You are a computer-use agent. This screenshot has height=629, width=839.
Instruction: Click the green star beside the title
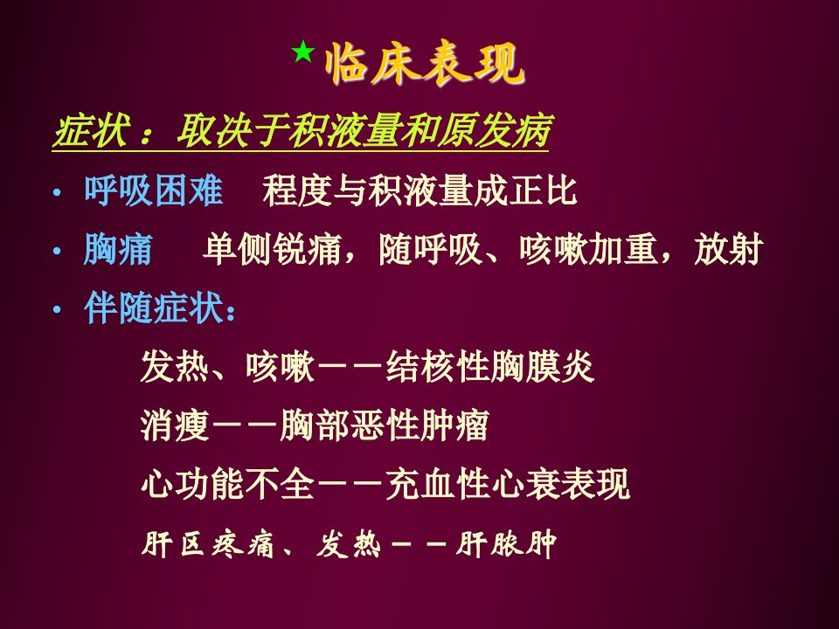303,52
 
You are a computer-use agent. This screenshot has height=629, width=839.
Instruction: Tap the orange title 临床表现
425,65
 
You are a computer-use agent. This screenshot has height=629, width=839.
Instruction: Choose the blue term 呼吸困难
153,190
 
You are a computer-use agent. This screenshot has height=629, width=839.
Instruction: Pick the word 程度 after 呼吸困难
297,190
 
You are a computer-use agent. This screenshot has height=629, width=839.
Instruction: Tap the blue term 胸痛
118,249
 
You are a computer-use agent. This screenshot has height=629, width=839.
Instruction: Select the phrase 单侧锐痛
272,249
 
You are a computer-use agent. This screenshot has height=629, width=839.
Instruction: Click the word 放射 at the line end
728,249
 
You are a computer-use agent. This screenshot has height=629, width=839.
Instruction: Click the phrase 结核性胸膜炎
490,367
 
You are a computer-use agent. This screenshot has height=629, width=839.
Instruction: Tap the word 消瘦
175,425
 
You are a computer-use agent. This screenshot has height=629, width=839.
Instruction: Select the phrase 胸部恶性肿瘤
385,425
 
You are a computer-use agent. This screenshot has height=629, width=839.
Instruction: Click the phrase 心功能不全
227,484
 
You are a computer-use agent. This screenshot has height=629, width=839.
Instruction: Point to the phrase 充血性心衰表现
507,484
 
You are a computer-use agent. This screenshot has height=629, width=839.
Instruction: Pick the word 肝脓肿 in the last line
506,544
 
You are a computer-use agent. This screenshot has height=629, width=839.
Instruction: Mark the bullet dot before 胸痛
58,251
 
